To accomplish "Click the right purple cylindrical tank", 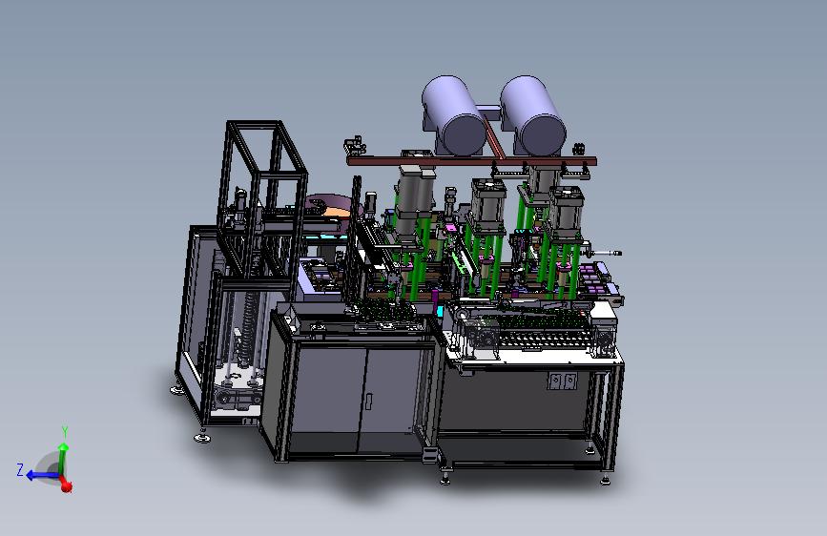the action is pos(532,115).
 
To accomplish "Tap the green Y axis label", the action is pos(65,432).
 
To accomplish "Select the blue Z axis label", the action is pos(20,469).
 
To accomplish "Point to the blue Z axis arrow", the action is pos(42,475).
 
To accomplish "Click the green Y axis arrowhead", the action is pos(63,447).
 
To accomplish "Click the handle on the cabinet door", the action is pos(369,402).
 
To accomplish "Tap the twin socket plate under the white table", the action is pos(562,381).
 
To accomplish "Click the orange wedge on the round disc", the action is pos(338,212).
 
